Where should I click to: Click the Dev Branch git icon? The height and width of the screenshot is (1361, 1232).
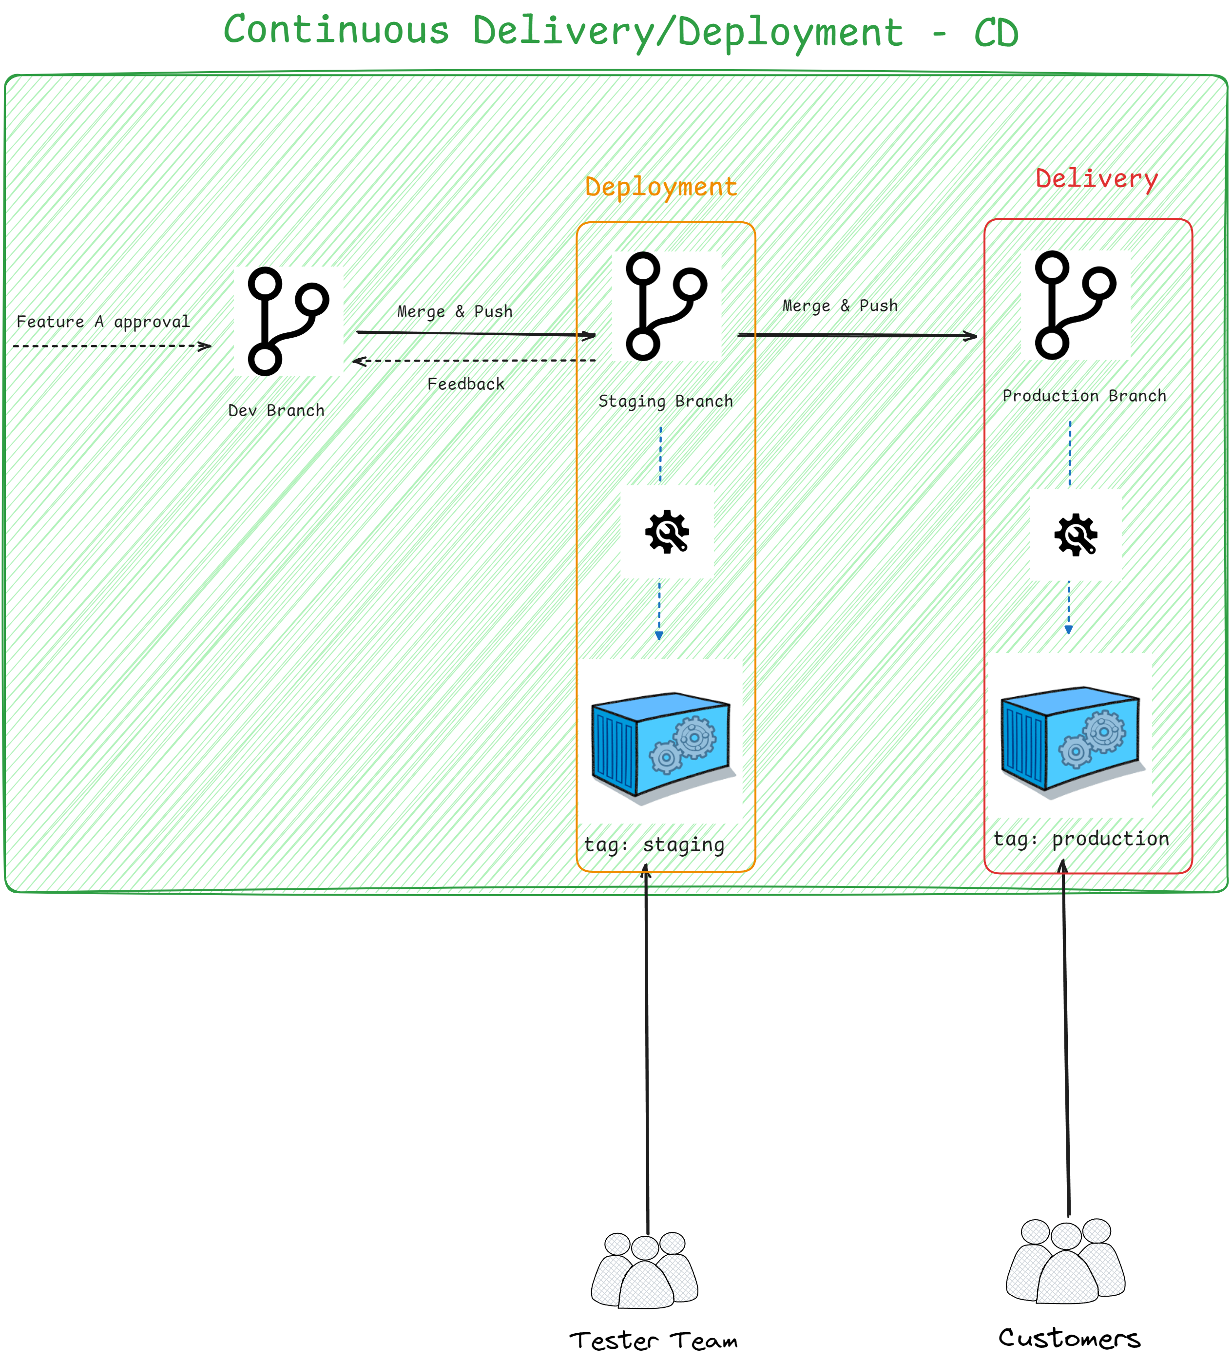[288, 321]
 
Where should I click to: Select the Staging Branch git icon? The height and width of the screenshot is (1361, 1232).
[666, 306]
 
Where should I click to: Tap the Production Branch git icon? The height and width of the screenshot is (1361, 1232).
[1076, 305]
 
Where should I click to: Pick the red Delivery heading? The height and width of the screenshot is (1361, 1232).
[1097, 179]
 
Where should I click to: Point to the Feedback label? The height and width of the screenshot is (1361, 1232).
[466, 384]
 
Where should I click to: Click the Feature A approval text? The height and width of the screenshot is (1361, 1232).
[103, 322]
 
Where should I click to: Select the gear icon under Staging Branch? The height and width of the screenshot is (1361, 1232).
[667, 532]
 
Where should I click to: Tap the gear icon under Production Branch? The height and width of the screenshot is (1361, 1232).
[1076, 535]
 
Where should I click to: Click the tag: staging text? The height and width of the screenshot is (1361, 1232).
[654, 844]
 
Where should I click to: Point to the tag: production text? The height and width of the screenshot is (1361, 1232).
[1081, 839]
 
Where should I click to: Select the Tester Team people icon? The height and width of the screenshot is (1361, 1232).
[645, 1270]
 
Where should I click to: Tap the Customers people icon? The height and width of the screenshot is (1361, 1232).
[1065, 1261]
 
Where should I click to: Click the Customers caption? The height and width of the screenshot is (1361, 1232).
[1069, 1338]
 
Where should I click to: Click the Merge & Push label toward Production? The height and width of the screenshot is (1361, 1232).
[840, 306]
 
